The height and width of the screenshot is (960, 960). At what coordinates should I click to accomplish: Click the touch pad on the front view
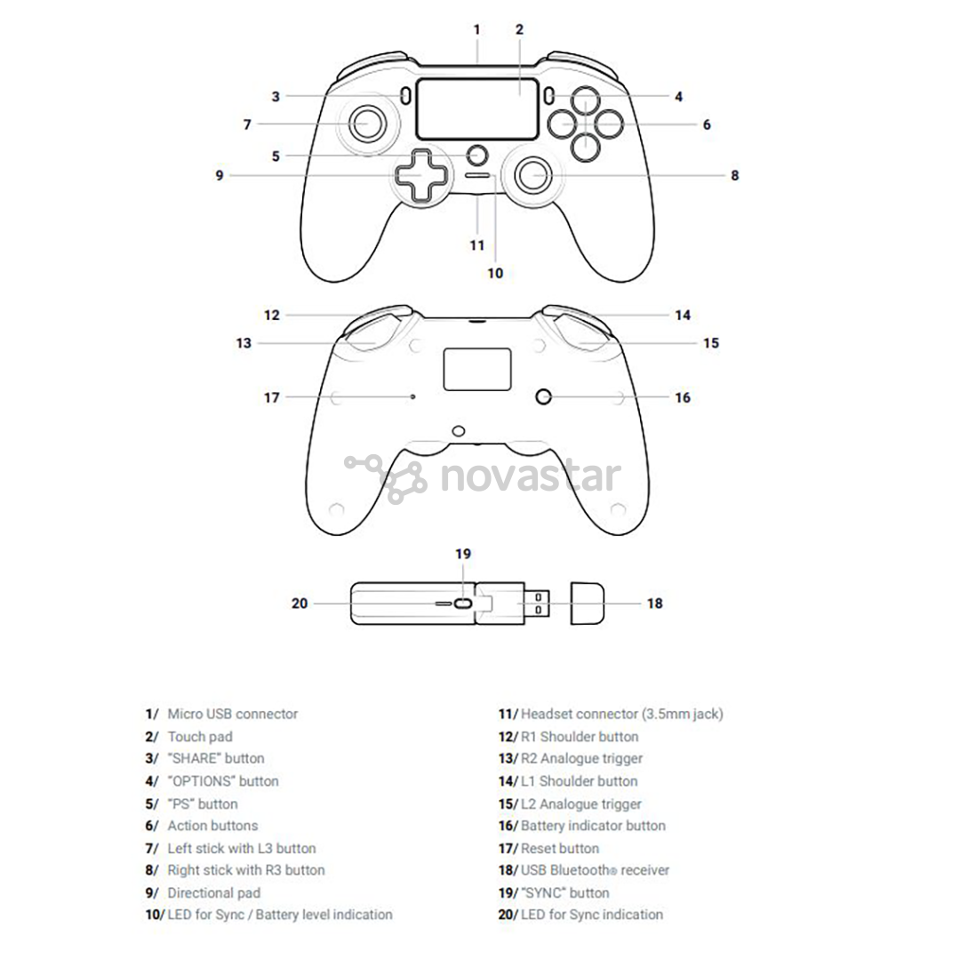(x=477, y=109)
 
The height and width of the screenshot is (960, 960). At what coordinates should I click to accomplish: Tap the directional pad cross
(x=420, y=174)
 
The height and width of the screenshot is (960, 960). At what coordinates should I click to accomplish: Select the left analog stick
(x=367, y=124)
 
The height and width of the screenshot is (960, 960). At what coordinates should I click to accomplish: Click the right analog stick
(x=534, y=175)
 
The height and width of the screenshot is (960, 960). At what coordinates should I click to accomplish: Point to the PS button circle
(x=477, y=155)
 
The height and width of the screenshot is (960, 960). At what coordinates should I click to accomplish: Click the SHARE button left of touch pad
(x=405, y=95)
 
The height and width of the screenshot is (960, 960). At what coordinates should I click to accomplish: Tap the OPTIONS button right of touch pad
(x=549, y=95)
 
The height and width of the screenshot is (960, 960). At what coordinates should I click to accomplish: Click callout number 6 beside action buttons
(x=707, y=124)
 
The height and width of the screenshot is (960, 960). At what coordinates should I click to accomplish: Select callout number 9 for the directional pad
(x=220, y=176)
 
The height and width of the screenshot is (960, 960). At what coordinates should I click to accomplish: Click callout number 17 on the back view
(x=271, y=398)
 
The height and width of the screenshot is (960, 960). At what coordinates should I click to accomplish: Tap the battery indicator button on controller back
(x=543, y=396)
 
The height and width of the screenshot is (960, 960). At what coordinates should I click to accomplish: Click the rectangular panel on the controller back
(x=477, y=369)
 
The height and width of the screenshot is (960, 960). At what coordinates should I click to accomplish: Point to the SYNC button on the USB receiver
(x=464, y=604)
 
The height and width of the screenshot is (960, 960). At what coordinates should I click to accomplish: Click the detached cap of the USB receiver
(x=588, y=604)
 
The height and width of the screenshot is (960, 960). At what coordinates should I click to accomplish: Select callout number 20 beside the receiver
(x=300, y=604)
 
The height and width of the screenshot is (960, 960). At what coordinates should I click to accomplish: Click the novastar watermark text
(x=531, y=477)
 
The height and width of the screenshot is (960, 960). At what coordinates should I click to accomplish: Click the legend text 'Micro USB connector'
(x=233, y=714)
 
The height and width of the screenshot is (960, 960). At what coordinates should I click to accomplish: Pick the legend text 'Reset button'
(x=560, y=849)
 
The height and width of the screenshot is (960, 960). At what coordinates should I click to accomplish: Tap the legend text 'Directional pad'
(x=213, y=893)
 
